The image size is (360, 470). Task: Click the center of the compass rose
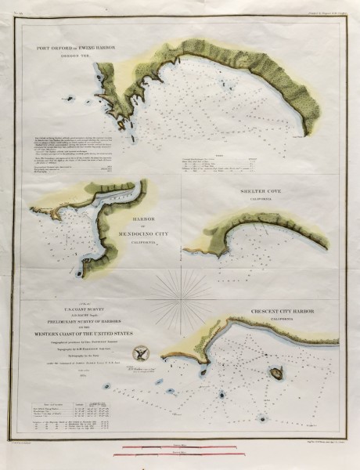coord(177,298)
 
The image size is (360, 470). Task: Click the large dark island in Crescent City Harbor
coord(275,375)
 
